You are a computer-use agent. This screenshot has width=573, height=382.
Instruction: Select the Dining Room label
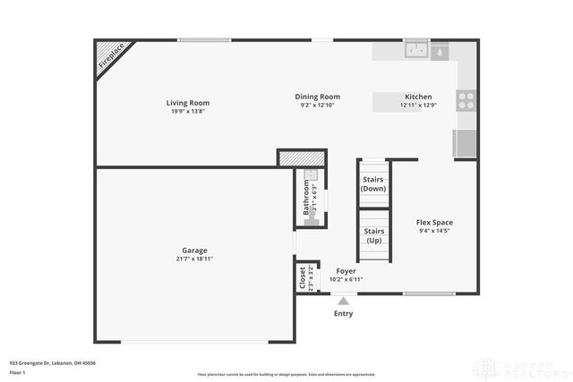pos(318,97)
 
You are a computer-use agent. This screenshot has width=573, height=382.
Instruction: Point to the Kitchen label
pos(418,97)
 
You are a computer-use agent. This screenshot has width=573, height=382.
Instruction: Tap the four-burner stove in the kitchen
pos(466,100)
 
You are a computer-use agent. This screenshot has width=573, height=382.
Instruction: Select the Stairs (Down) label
pos(373,183)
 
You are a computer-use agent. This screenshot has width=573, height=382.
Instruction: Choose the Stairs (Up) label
pos(374,236)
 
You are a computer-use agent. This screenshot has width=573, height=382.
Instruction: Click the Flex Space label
pos(434,222)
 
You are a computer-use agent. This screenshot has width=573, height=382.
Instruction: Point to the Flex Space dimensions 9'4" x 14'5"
pos(434,232)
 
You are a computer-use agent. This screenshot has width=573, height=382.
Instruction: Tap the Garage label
pos(194,250)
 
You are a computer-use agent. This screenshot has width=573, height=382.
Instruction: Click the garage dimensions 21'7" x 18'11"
pos(194,259)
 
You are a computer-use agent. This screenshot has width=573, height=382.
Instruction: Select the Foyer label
pos(346,270)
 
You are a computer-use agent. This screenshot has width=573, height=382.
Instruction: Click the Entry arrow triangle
pos(343,301)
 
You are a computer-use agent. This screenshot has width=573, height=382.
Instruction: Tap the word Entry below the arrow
pos(343,314)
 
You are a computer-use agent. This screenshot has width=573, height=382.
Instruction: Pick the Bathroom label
pos(305,197)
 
